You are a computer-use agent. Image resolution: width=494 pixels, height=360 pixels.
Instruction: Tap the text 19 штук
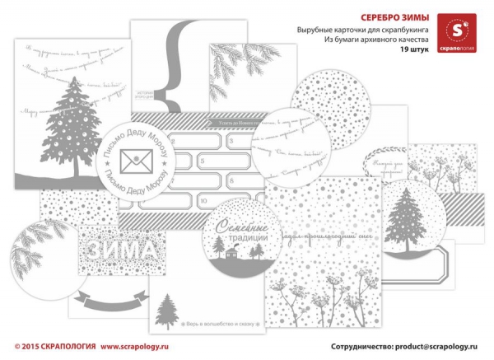[416, 50]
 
